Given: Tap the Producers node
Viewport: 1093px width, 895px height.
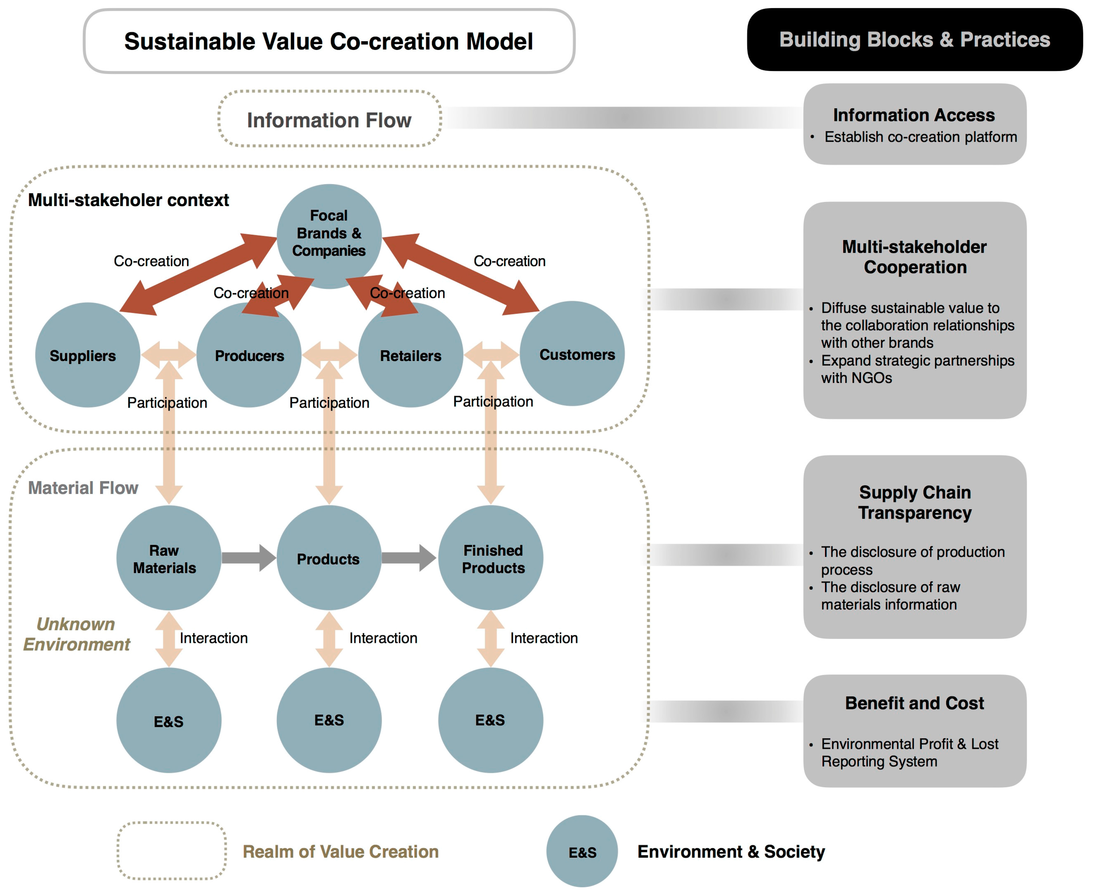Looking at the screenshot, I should (x=249, y=355).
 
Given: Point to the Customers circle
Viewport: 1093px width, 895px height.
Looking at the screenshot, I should (x=572, y=354).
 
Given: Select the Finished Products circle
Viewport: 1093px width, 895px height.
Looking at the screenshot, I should (x=490, y=558).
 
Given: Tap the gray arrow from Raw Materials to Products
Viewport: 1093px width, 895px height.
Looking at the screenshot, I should (x=249, y=558).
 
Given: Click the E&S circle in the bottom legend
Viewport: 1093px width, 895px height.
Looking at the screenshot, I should (x=582, y=852).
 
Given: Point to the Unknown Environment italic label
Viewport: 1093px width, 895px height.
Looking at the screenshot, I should (x=76, y=634).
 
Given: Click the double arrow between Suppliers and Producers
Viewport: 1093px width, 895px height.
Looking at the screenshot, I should (x=168, y=354).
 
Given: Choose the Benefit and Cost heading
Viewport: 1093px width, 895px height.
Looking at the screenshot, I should (x=914, y=703).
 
